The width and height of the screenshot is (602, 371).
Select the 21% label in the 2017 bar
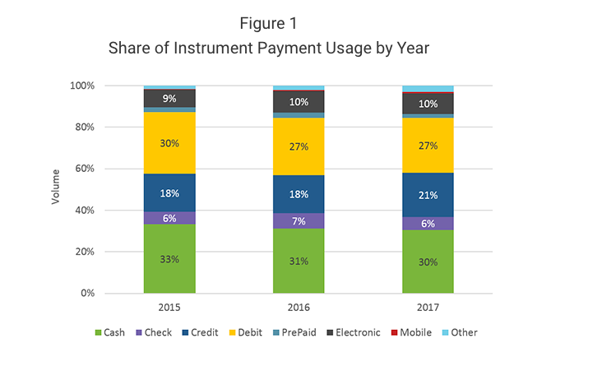tap(428, 194)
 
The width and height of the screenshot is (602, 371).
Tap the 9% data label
tap(169, 99)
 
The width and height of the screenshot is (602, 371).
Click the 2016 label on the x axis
tap(299, 306)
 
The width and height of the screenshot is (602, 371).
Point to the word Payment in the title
tap(299, 48)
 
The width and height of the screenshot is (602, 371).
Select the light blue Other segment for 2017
tap(428, 89)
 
